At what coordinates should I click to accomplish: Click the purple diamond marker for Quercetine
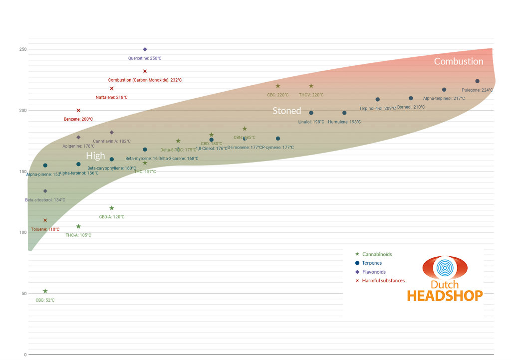(x=145, y=49)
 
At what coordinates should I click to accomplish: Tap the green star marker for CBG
(x=45, y=291)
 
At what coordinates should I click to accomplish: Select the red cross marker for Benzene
(x=78, y=110)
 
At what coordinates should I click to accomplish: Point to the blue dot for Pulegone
(x=477, y=81)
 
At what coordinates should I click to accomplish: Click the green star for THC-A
(x=78, y=226)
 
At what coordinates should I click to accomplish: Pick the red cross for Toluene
(x=45, y=220)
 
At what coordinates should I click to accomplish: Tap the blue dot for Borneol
(x=411, y=98)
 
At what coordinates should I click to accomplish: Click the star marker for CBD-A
(x=112, y=208)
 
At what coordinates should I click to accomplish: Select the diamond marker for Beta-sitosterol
(x=45, y=191)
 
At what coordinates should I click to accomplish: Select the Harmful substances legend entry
(x=383, y=281)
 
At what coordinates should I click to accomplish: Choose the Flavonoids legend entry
(x=374, y=272)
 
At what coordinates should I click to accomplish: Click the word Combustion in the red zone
(x=458, y=61)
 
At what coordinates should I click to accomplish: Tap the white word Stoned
(x=286, y=111)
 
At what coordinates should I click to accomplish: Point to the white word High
(x=95, y=156)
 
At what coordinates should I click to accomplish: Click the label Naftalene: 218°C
(x=111, y=97)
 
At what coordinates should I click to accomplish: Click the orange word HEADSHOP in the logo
(x=445, y=295)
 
